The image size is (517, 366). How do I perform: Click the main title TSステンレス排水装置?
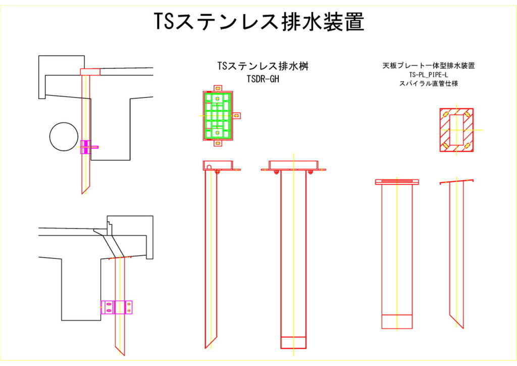coord(258,22)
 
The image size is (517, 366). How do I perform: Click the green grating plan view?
coord(218,115)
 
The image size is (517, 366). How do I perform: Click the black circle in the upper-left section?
coord(65,136)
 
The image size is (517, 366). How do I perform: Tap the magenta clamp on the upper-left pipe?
coord(87,147)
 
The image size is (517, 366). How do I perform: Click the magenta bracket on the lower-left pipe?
coord(117,307)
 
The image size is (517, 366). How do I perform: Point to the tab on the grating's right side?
coord(237,115)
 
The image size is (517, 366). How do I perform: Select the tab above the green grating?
coord(218,88)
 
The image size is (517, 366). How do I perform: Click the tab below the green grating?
coord(218,144)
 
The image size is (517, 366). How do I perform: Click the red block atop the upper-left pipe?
coord(90,72)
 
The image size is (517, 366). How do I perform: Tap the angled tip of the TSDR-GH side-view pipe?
coord(210,341)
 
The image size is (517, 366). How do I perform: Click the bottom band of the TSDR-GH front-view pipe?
coord(293,342)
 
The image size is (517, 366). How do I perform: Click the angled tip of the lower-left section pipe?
coord(120,349)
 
